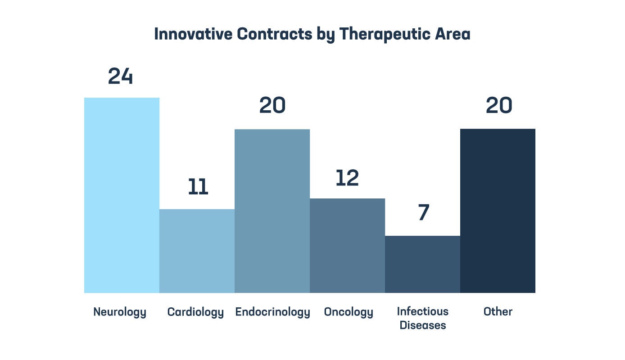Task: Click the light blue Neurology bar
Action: tap(122, 195)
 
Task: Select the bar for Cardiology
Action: tap(197, 251)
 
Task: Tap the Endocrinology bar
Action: tap(272, 211)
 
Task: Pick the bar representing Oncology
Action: tap(347, 246)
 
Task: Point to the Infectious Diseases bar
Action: tap(422, 264)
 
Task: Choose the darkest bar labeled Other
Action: tap(498, 211)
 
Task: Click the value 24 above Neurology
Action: tap(121, 76)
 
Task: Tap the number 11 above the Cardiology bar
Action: tap(198, 188)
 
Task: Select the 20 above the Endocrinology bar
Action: tap(272, 106)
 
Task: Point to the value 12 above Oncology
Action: tap(347, 178)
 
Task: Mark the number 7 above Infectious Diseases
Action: tap(423, 213)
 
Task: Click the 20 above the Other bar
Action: tap(499, 106)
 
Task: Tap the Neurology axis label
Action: tap(120, 312)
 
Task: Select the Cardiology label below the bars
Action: tap(195, 312)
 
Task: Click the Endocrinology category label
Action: tap(272, 312)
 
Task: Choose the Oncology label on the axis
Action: tap(349, 312)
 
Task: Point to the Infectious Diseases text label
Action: tap(423, 318)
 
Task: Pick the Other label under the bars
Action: tap(498, 311)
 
